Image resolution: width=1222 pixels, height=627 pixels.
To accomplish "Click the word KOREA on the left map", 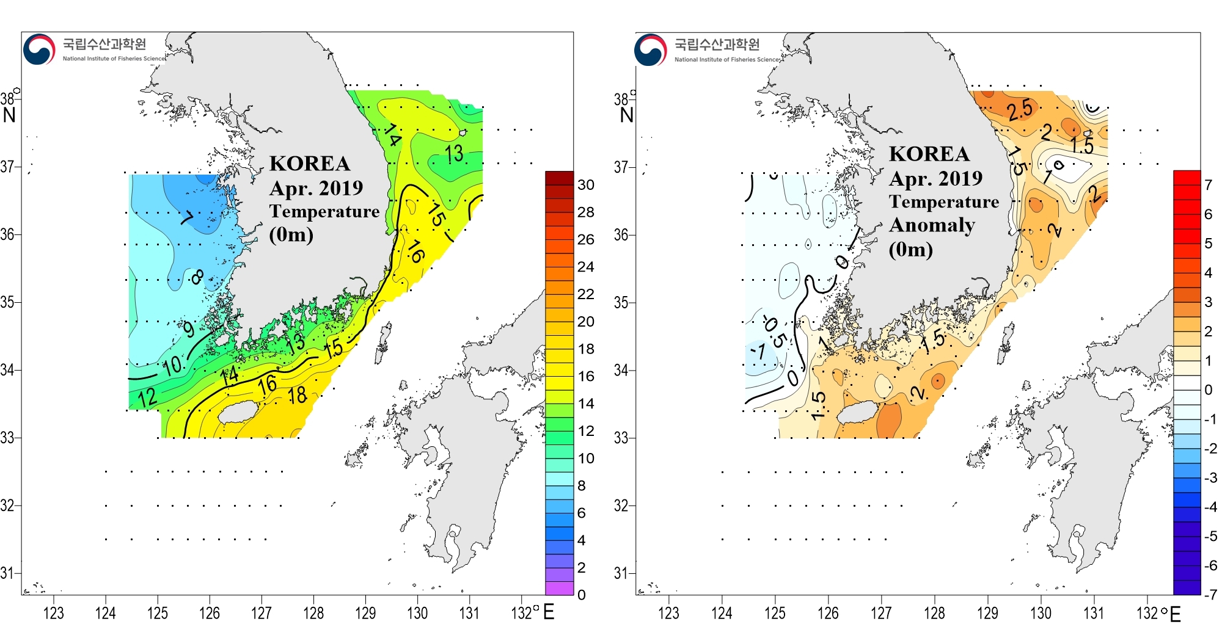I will pos(310,164).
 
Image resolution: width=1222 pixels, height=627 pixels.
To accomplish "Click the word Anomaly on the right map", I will pos(932,225).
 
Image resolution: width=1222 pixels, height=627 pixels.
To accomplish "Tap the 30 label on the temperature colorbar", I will pos(585,185).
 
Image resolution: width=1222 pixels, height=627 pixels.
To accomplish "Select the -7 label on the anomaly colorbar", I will pos(1209,594).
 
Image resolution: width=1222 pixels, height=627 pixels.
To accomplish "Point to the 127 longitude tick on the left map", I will pos(262,612).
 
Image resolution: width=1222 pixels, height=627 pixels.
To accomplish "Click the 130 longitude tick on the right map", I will pos(1041,612).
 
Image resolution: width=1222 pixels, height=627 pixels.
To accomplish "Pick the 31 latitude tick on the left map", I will pos(7,573).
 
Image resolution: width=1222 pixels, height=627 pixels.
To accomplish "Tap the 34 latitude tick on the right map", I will pos(621,371).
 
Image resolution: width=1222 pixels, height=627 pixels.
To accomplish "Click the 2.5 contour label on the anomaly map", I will pos(1020,110).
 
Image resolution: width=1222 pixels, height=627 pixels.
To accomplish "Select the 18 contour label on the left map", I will pos(298,396).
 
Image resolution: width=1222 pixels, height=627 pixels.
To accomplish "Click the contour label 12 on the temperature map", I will pos(147,398).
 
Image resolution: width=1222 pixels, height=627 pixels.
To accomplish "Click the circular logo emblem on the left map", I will pos(39,49).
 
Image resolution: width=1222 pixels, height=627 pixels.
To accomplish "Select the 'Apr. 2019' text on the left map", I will pos(316,188).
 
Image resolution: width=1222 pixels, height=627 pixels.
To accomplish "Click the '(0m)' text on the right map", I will pos(910,249).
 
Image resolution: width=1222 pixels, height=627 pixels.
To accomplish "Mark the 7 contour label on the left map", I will pos(187,218).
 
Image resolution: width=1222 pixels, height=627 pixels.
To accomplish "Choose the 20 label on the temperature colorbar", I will pos(585,322).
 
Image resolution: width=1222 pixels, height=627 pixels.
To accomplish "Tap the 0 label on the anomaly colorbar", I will pos(1208,390).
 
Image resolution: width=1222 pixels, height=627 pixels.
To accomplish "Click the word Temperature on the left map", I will pos(324,211).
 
